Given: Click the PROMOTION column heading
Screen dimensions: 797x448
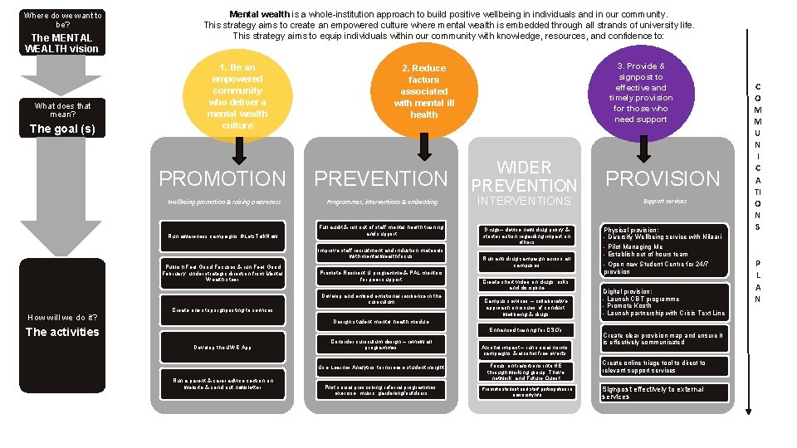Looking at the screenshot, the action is click(222, 178).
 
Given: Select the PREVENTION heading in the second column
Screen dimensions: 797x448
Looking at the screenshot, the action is click(381, 178).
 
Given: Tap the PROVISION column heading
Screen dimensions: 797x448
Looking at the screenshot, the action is click(663, 178).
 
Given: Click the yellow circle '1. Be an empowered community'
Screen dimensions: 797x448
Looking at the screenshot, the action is click(237, 95).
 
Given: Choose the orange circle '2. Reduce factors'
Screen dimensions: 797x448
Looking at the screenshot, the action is click(423, 91).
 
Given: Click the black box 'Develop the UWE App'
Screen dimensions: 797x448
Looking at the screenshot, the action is click(222, 347).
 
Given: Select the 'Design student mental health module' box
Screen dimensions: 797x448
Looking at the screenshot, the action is click(381, 321).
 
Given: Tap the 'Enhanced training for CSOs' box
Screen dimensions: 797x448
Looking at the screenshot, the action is click(524, 330).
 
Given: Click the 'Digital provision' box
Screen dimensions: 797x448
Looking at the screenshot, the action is click(664, 303).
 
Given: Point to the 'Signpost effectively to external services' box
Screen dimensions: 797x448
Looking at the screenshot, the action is click(664, 392).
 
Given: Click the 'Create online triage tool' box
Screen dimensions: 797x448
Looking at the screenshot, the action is click(664, 366).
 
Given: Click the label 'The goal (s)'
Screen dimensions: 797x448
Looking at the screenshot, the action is click(62, 129).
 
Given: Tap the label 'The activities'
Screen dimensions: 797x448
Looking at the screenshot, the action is click(62, 332).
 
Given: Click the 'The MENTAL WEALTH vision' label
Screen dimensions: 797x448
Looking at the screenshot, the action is click(62, 43).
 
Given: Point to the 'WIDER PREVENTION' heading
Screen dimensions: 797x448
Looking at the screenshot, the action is click(524, 177).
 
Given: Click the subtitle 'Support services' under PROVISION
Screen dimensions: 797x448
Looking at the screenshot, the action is click(664, 202).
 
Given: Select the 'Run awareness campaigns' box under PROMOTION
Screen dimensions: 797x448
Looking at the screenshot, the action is click(222, 236).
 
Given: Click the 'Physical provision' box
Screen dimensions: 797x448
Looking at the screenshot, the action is click(664, 249).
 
